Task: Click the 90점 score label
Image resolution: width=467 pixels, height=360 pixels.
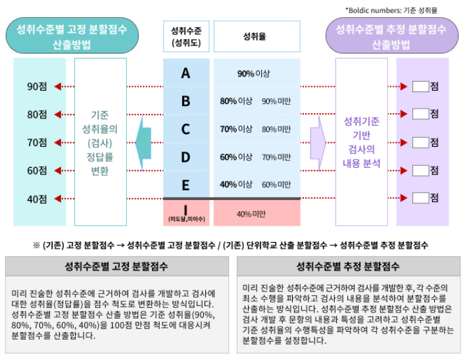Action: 36,86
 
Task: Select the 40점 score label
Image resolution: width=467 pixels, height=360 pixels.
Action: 36,199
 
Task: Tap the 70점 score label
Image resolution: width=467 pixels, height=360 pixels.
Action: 36,142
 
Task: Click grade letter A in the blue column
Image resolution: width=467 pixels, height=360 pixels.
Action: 185,73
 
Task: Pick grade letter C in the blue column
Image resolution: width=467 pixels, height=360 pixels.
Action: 185,129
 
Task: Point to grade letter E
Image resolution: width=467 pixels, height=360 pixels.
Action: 185,184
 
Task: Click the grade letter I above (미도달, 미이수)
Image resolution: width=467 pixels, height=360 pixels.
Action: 185,209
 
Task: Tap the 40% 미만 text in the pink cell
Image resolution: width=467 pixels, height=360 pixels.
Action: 251,213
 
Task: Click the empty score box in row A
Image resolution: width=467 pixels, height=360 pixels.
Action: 420,86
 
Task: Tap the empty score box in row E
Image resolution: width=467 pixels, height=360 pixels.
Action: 420,197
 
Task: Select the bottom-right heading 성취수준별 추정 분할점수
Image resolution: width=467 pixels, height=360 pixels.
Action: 349,267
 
